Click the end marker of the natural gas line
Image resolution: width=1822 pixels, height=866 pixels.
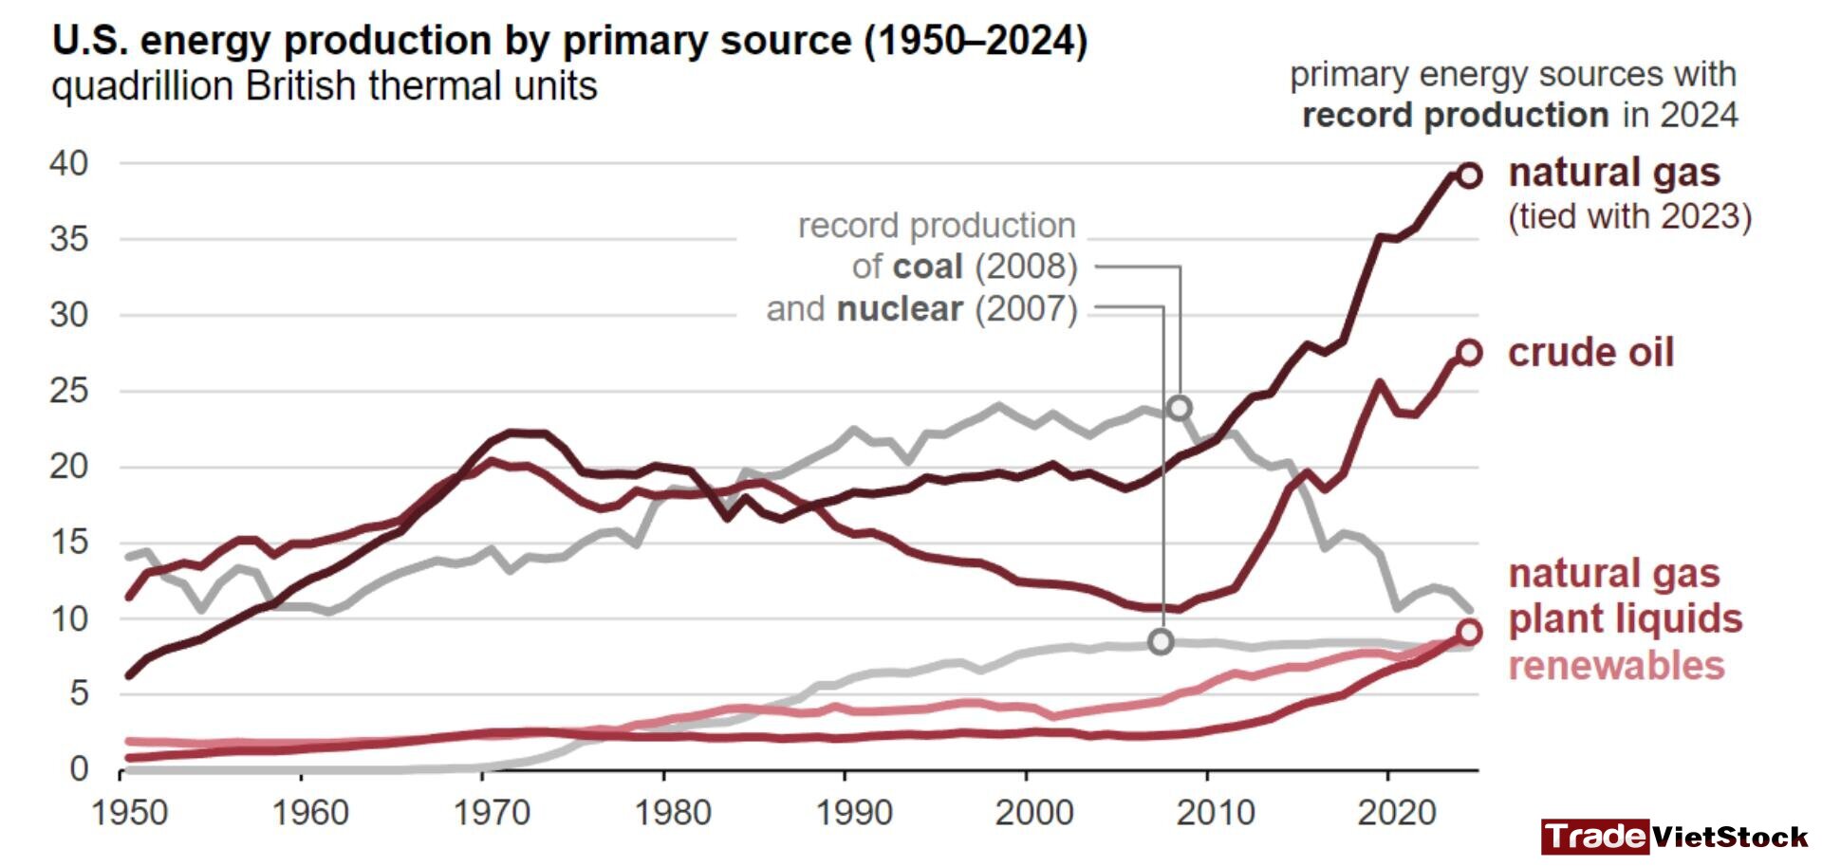[1469, 175]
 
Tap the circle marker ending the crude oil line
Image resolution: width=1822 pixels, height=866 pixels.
[1469, 353]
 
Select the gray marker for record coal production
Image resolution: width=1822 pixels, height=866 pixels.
[1180, 408]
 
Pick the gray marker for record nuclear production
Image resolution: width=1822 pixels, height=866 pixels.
[1161, 642]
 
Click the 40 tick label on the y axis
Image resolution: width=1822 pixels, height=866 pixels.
[68, 163]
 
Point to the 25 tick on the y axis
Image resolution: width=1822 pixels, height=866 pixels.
[68, 391]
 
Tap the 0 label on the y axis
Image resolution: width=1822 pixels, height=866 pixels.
[79, 769]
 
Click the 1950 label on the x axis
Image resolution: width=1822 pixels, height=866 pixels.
[130, 813]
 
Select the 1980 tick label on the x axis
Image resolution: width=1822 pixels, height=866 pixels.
[673, 813]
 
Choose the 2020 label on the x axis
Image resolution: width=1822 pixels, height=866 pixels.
[1396, 813]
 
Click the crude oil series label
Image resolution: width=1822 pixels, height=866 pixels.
[1590, 353]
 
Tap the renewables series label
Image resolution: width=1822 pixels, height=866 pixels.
[1616, 666]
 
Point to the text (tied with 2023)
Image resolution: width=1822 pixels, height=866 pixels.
[1629, 216]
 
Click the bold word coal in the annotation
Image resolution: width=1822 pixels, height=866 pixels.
[928, 267]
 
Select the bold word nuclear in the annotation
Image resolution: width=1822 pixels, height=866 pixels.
[900, 309]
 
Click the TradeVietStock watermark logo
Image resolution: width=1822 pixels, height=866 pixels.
[1675, 837]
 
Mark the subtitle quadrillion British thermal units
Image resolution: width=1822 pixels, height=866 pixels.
[325, 86]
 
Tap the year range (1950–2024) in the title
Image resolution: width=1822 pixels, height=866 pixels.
[976, 41]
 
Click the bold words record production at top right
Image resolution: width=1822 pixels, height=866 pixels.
[1456, 116]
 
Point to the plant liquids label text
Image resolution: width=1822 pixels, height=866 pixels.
[1626, 619]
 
